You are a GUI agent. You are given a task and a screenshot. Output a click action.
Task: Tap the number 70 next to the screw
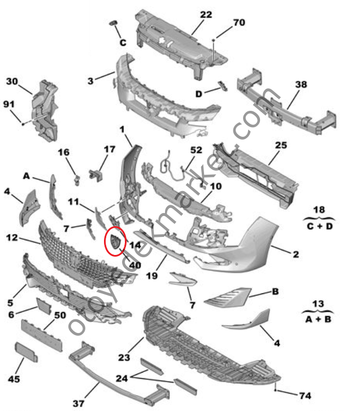click(x=239, y=23)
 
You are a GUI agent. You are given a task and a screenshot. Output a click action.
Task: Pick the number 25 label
click(x=281, y=145)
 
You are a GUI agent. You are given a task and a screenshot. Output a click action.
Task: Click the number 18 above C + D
click(x=319, y=210)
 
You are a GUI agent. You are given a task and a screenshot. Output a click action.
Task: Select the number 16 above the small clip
click(x=63, y=152)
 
